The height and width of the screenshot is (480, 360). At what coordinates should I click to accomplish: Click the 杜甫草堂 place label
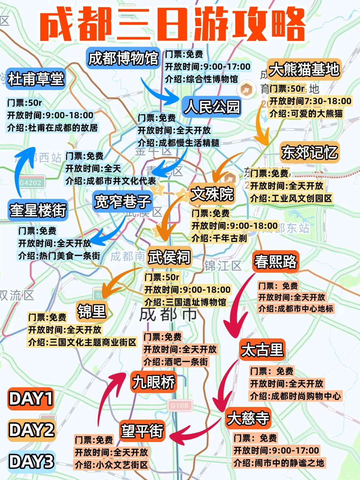click(36, 79)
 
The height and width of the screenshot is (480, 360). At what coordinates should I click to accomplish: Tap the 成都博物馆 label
click(123, 59)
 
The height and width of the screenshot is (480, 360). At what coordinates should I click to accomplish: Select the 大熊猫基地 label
click(304, 70)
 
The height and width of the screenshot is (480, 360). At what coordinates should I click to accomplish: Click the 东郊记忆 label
click(309, 153)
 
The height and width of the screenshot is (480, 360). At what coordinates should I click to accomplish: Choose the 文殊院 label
click(212, 194)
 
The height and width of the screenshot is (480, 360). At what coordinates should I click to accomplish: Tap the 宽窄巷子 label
click(123, 201)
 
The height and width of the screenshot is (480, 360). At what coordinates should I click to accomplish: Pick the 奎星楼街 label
click(38, 210)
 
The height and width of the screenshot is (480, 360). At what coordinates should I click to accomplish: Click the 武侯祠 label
click(169, 257)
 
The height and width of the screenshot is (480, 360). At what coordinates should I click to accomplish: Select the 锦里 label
click(91, 311)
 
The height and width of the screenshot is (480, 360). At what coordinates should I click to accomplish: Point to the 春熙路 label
click(275, 261)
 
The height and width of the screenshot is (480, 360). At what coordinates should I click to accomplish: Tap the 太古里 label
click(262, 350)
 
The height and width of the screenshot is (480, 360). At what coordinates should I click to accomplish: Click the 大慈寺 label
click(248, 418)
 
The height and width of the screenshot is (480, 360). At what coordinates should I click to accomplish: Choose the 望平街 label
click(142, 431)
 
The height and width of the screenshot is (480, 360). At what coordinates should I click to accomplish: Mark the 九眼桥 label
click(153, 382)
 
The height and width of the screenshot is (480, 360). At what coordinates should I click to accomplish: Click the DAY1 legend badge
click(31, 399)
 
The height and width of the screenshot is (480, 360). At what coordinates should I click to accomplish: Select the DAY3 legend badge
click(31, 462)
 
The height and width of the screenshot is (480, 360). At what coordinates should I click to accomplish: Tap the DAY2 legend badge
click(31, 430)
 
